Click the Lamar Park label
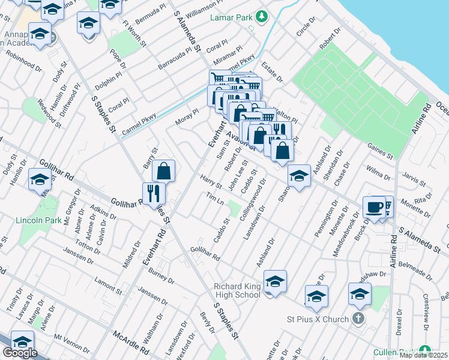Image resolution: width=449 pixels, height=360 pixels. (x=231, y=17)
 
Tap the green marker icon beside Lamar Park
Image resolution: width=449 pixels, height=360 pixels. (x=261, y=15)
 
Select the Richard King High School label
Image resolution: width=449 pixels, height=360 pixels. (x=237, y=290)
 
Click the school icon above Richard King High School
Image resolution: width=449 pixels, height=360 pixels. (x=275, y=282)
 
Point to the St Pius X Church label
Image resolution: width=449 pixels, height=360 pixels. (x=323, y=319)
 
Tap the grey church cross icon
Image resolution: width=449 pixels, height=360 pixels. (x=358, y=318)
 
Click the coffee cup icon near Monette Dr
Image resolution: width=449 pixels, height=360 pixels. (x=373, y=208)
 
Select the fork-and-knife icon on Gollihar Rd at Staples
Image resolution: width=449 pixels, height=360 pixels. (x=154, y=193)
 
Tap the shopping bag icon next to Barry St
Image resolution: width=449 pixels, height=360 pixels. (x=163, y=172)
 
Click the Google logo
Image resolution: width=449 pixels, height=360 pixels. (x=19, y=353)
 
